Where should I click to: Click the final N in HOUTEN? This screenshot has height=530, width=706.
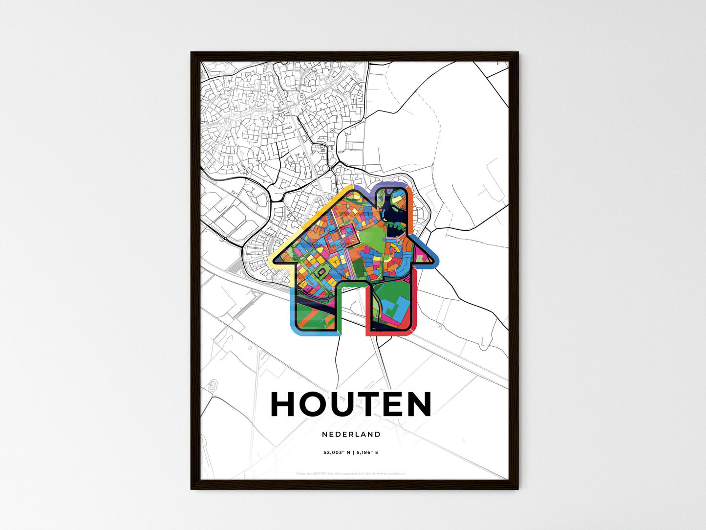coord(418,404)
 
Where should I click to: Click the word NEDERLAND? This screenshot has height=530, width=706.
coord(351,434)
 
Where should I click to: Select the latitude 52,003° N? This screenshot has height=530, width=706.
coord(337,453)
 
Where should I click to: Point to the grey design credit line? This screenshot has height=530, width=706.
coord(351,473)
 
